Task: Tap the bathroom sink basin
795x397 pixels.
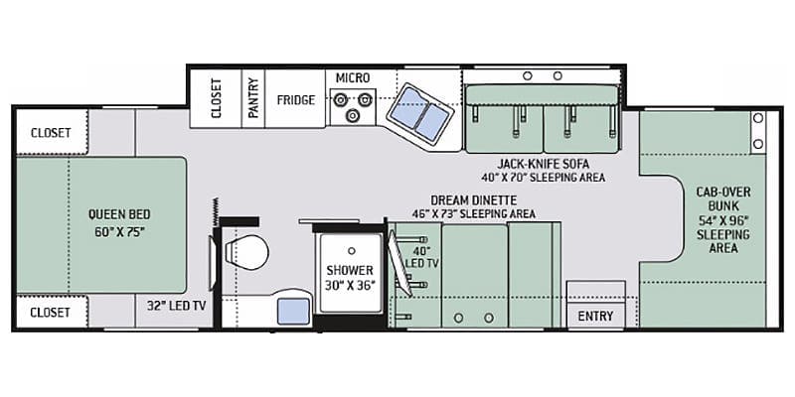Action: tap(293, 312)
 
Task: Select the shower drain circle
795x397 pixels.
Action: tap(351, 251)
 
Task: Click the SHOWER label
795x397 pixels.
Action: tap(350, 270)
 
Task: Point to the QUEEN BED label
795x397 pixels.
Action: tap(119, 214)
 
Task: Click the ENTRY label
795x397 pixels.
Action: tap(595, 316)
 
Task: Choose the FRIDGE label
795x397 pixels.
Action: tap(295, 100)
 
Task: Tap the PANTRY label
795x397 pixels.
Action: tap(253, 97)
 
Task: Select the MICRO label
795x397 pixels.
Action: tap(353, 78)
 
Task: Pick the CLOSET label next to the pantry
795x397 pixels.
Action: tap(217, 98)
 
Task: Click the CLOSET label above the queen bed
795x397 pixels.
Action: tap(51, 133)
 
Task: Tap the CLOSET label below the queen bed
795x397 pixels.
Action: tap(50, 312)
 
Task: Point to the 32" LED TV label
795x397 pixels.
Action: tap(177, 306)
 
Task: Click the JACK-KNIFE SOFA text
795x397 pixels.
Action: tap(543, 164)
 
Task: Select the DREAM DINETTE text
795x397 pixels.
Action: tap(474, 200)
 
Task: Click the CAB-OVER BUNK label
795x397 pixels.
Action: tap(723, 199)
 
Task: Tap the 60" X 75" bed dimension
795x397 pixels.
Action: tap(119, 232)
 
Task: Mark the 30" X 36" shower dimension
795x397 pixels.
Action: tap(350, 285)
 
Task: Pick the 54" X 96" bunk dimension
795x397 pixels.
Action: tap(723, 221)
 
